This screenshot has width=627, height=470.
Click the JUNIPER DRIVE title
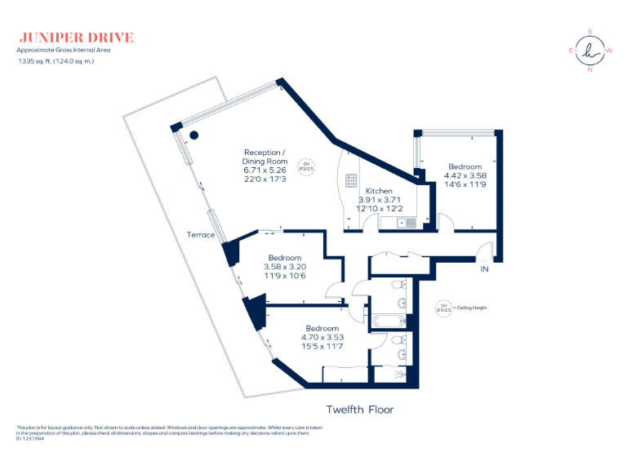[x=75, y=38]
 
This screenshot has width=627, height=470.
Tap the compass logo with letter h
[x=589, y=51]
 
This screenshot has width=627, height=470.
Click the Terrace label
[x=200, y=235]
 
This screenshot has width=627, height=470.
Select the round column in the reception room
[x=194, y=135]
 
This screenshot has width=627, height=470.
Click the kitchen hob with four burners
[x=352, y=180]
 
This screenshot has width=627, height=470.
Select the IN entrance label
[x=484, y=268]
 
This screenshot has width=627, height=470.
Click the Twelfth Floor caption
[x=360, y=410]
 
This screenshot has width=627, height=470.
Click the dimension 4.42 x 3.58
[x=465, y=175]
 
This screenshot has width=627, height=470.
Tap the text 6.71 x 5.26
[x=265, y=171]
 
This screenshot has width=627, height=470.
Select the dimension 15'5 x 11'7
[x=322, y=347]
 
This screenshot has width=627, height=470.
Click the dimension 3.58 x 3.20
[x=285, y=266]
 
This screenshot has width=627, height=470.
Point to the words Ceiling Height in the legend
[x=473, y=308]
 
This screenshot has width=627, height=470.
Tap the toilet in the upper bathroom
[x=397, y=286]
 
